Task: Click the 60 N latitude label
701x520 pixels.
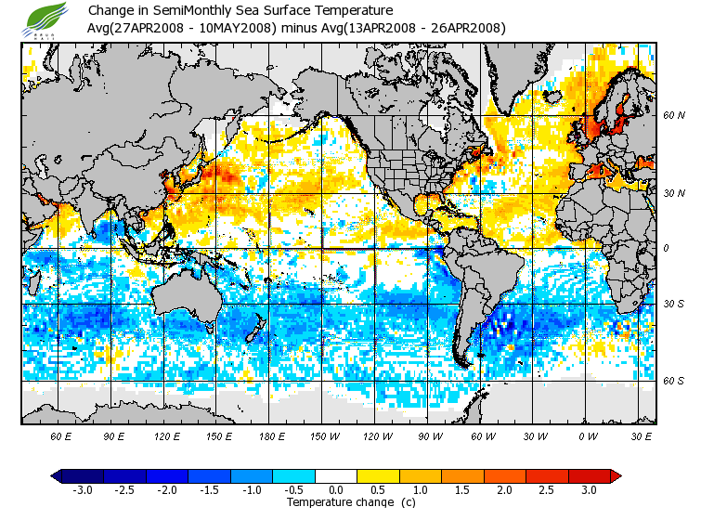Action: click(673, 116)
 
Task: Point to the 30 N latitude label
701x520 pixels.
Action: click(673, 193)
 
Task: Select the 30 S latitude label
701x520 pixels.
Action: click(673, 305)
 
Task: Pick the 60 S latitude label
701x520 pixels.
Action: click(673, 381)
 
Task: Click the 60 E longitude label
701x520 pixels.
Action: click(61, 435)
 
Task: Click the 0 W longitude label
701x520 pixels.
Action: click(588, 435)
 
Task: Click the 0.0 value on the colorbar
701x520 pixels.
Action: click(337, 489)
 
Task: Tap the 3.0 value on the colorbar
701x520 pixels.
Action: click(589, 489)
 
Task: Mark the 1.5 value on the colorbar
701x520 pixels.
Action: click(462, 489)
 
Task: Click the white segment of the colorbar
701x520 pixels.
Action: click(337, 475)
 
